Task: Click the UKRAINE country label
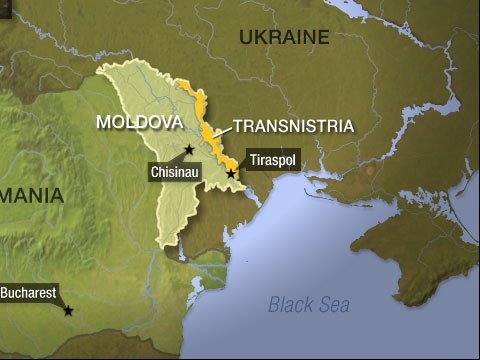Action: coord(284,39)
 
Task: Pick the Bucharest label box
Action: coord(28,295)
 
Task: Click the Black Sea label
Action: coord(310,305)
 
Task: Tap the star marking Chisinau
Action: coord(189,149)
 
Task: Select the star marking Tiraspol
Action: coord(231,174)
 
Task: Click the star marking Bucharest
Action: coord(68,311)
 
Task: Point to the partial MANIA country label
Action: coord(31,193)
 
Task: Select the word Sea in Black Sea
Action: coord(335,305)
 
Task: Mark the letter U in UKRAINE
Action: coord(246,39)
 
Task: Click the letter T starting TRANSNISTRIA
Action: coord(236,127)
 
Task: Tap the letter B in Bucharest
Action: coord(5,295)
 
